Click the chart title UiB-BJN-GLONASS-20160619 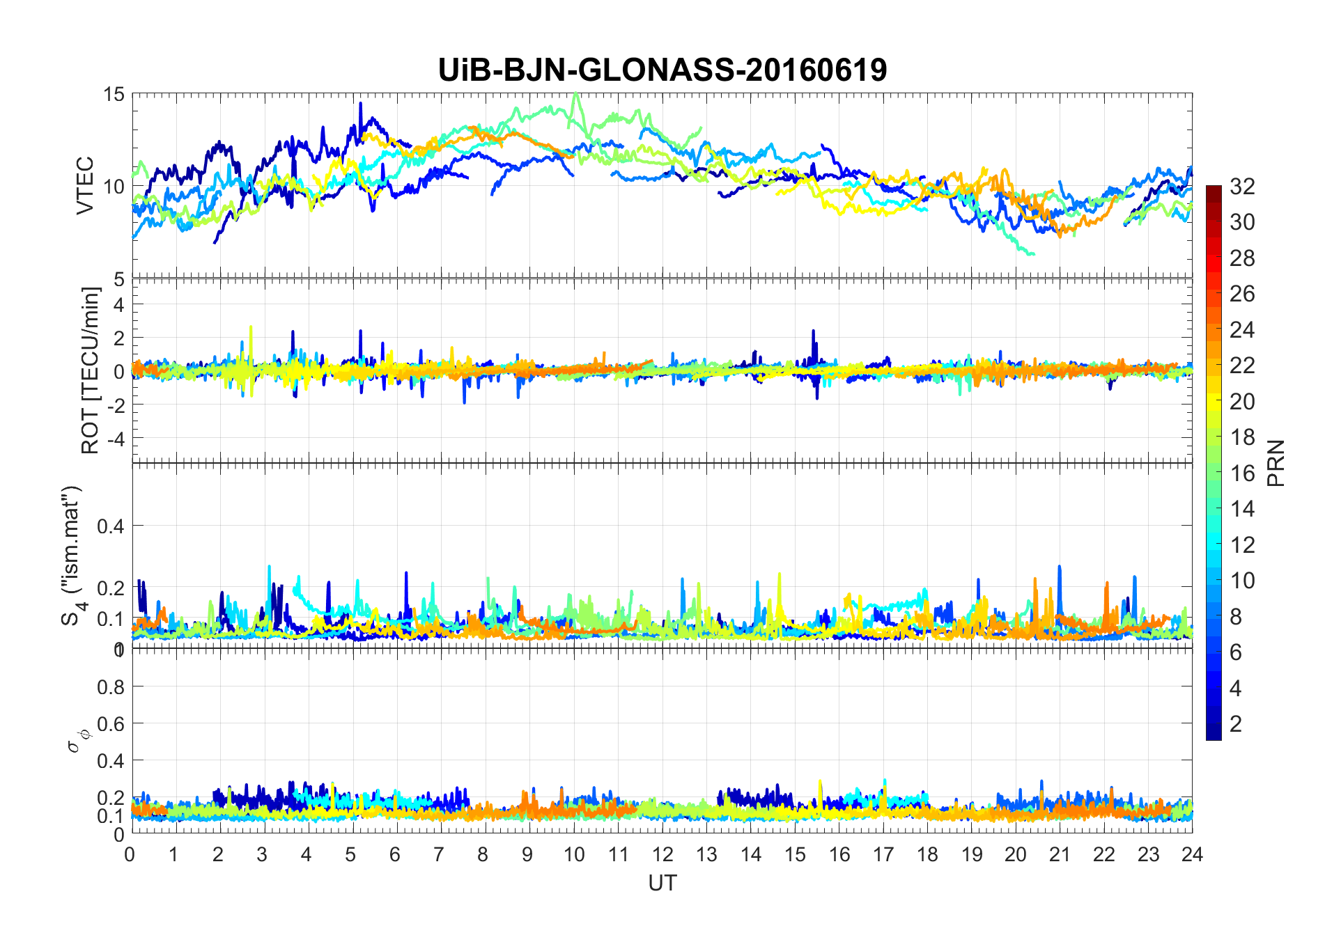(662, 70)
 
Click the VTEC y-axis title (85, 186)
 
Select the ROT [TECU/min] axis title (91, 370)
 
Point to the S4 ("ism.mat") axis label (72, 556)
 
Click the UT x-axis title (662, 883)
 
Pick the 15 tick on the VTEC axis (114, 94)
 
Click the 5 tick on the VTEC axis (118, 279)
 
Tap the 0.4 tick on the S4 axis (110, 526)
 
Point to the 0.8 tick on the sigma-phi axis (110, 687)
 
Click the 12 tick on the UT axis (662, 854)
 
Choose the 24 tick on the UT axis (1192, 854)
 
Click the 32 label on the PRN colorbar (1242, 187)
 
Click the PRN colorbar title (1276, 463)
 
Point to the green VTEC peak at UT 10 (575, 95)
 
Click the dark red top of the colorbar (1214, 189)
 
